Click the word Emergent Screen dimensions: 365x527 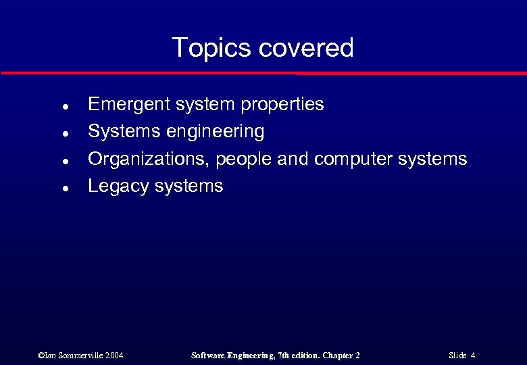tap(129, 105)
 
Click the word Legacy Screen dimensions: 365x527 tap(119, 187)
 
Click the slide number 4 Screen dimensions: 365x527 tap(473, 356)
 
